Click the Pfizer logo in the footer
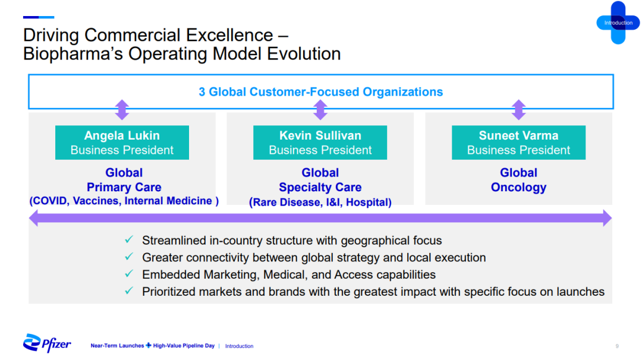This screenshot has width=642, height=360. [x=47, y=343]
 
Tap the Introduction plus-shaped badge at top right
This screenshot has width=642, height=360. [x=618, y=23]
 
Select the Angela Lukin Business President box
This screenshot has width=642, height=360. [x=122, y=143]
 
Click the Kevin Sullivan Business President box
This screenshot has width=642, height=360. [x=320, y=143]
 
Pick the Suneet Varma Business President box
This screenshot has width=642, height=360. [x=518, y=143]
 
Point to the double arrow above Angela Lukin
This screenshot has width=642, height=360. [x=122, y=110]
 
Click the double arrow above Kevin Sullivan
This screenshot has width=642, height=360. [x=320, y=110]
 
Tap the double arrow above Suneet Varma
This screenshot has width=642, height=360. [x=519, y=110]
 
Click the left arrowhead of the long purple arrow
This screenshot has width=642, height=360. [x=33, y=218]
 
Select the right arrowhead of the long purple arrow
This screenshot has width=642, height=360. [x=608, y=218]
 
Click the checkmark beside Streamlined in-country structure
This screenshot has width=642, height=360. [x=129, y=239]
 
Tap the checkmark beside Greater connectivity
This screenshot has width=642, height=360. [x=129, y=257]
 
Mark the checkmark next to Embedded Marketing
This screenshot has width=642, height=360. [x=129, y=273]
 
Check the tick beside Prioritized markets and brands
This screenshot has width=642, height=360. [x=129, y=290]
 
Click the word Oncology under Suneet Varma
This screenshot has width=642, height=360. [x=518, y=188]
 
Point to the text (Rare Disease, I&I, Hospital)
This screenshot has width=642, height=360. [x=320, y=202]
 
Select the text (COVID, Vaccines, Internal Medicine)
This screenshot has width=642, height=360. [x=124, y=201]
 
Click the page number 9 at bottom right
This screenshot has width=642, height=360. [x=617, y=346]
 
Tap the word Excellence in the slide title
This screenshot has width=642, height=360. [x=229, y=35]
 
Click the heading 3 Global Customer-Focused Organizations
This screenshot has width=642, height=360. [x=320, y=91]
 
